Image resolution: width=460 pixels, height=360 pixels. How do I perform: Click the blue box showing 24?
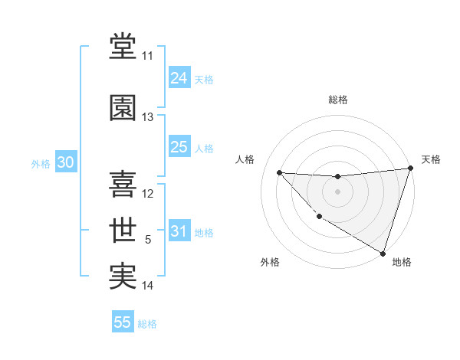pos(179,77)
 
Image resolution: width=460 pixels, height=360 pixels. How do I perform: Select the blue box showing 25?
pos(179,147)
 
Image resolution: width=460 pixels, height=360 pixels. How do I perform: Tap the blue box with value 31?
pos(179,232)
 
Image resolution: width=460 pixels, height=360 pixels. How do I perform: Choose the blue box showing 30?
pos(65,162)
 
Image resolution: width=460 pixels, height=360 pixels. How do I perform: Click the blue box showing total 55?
pos(123,322)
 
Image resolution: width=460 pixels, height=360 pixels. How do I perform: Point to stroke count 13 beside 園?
pos(148,117)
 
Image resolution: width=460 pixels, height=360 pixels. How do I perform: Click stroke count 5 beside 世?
pos(148,240)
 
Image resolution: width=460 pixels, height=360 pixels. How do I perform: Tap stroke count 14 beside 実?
pos(148,286)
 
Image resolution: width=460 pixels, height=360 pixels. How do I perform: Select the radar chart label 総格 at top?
pos(337,100)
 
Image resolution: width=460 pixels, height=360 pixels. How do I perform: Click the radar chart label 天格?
pos(431,159)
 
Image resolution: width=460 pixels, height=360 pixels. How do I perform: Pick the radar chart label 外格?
pos(270,262)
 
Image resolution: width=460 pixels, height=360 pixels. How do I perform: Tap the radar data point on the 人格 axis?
pos(279,172)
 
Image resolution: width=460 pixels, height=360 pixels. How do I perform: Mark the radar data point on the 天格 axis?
pos(410,169)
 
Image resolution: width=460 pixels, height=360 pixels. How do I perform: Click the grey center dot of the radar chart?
pos(337,191)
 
